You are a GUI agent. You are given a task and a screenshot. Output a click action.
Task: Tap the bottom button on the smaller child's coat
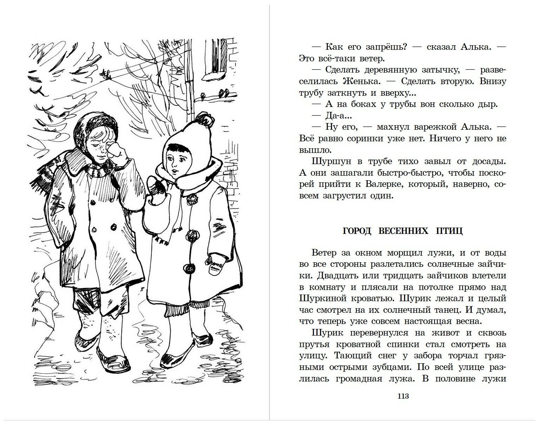pos(190,269)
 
